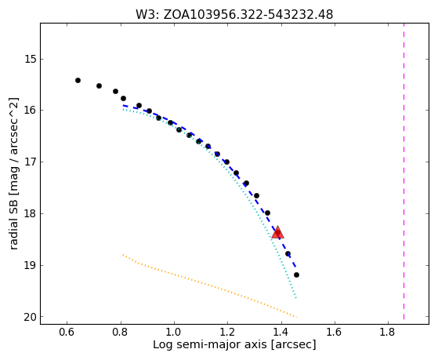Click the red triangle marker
[277, 232]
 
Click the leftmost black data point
[78, 81]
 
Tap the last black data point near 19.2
[296, 275]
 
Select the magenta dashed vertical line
[404, 171]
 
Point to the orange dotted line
[209, 285]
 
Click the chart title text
[234, 15]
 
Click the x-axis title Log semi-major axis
[234, 344]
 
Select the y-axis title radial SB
[14, 173]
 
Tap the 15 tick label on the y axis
[29, 60]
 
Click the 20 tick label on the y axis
[29, 317]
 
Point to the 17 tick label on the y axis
[29, 162]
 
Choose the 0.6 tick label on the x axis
[67, 332]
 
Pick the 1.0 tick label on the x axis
[174, 332]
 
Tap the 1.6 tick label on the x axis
[335, 332]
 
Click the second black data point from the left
[99, 85]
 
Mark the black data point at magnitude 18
[267, 213]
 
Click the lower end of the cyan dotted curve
[296, 298]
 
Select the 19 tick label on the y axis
[29, 265]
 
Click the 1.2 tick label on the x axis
[227, 332]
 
